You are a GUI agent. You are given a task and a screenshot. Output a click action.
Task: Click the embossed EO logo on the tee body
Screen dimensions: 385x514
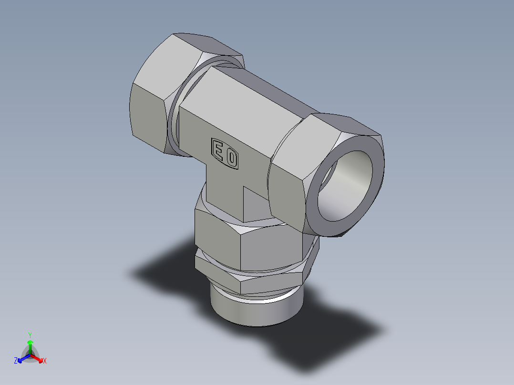point(225,153)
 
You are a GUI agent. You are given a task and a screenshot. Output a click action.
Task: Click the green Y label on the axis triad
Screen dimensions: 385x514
point(30,335)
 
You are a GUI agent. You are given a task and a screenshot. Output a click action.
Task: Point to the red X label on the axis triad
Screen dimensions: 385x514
point(45,361)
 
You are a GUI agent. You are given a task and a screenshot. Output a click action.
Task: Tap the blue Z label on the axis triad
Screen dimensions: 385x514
point(16,361)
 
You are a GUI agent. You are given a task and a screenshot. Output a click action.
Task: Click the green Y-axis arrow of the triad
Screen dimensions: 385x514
point(30,345)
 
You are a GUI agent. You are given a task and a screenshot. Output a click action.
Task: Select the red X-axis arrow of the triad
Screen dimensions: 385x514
point(38,358)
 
